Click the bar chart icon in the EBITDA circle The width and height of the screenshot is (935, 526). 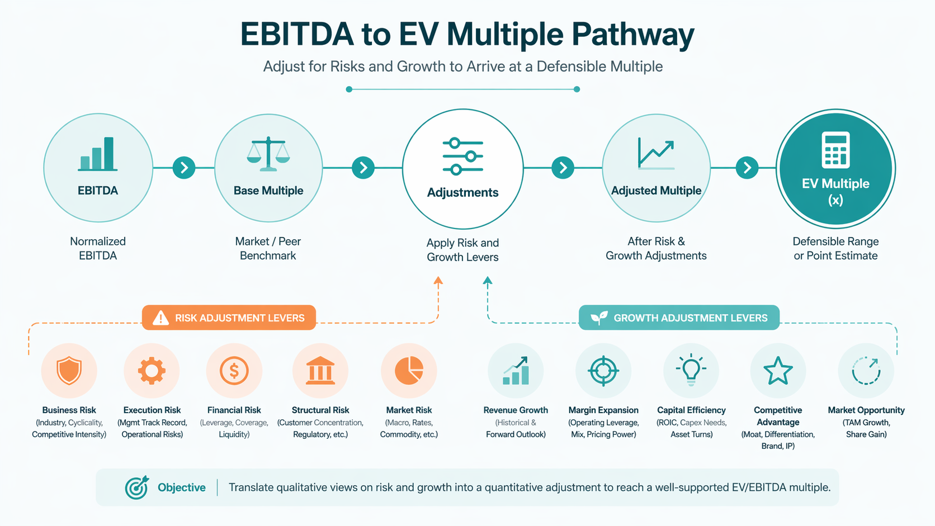point(98,154)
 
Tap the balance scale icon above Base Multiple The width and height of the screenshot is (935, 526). point(268,154)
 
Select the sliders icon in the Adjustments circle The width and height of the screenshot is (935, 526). point(463,156)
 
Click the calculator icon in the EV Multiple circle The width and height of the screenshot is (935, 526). point(835,150)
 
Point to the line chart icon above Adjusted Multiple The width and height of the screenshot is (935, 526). point(656,154)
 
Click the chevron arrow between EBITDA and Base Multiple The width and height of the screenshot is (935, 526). point(184,168)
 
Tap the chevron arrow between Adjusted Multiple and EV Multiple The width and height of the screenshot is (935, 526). point(747,168)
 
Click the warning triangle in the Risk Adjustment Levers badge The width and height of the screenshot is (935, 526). point(160,318)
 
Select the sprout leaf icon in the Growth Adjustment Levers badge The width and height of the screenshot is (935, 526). point(599,318)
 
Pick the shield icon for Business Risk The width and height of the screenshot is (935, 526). point(69,371)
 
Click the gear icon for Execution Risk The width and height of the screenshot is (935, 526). point(152,371)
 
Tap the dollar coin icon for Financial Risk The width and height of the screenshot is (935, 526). point(234,371)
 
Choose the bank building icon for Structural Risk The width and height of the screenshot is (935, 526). point(320,371)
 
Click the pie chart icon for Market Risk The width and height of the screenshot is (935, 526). point(409,371)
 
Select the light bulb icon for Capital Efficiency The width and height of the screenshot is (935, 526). point(691,369)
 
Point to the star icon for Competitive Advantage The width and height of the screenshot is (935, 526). point(778,371)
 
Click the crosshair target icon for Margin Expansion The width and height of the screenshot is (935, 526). point(603,371)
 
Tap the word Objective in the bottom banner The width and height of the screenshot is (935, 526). point(182,487)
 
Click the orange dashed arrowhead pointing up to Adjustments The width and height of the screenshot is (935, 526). point(438,280)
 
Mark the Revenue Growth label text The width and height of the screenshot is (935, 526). point(516,410)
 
